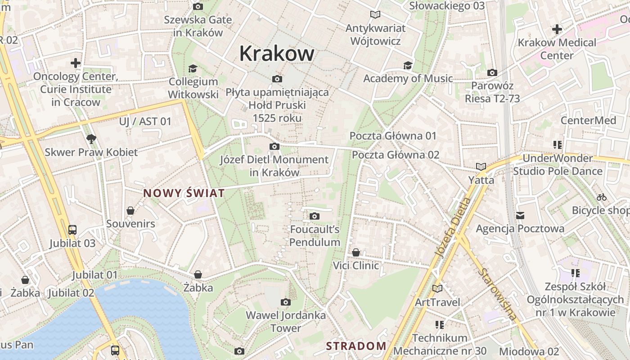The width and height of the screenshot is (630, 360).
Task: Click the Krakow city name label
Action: [x=277, y=54]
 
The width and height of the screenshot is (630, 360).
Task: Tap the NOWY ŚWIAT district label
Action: [x=184, y=193]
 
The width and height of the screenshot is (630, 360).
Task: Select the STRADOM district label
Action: [x=356, y=346]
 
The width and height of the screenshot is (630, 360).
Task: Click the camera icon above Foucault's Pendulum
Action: [x=315, y=216]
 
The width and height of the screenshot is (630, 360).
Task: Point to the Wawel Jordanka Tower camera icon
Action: [x=285, y=302]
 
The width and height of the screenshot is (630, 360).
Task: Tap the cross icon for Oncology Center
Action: [x=76, y=63]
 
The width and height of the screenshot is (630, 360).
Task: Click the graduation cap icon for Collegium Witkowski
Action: [x=193, y=68]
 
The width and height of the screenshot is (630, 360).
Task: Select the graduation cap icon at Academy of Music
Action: [x=408, y=66]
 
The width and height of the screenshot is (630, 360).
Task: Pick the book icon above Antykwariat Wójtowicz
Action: [x=375, y=15]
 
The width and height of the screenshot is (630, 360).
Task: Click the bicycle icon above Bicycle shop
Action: [x=602, y=197]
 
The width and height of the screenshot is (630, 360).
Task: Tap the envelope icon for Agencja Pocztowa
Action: [x=520, y=216]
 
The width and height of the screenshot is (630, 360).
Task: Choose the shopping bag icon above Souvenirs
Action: [x=130, y=211]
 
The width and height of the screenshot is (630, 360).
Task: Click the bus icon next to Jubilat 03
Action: [x=72, y=230]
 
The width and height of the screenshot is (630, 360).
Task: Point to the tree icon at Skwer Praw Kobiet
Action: [x=91, y=139]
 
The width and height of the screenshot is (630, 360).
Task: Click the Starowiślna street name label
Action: [x=497, y=295]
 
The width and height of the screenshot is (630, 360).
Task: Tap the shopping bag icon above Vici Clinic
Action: [x=356, y=252]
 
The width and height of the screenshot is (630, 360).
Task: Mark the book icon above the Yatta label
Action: [x=481, y=167]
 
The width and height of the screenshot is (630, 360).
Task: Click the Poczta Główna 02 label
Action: [x=396, y=155]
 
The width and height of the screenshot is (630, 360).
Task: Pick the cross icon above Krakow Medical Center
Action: [x=557, y=30]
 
